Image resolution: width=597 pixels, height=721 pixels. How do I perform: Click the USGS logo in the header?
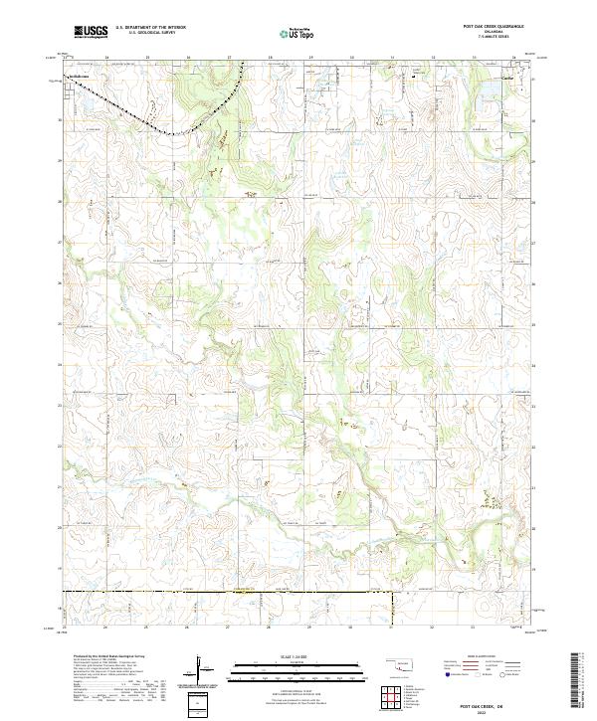pos(91,32)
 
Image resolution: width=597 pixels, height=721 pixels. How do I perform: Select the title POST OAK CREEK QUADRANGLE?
pos(495,26)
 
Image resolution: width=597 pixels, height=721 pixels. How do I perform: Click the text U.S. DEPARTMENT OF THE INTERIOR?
pos(150,28)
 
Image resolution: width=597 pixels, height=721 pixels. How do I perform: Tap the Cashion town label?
pos(505,75)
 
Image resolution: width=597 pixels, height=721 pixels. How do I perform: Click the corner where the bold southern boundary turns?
pos(392,594)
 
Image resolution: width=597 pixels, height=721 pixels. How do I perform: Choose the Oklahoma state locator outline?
pos(402,667)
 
